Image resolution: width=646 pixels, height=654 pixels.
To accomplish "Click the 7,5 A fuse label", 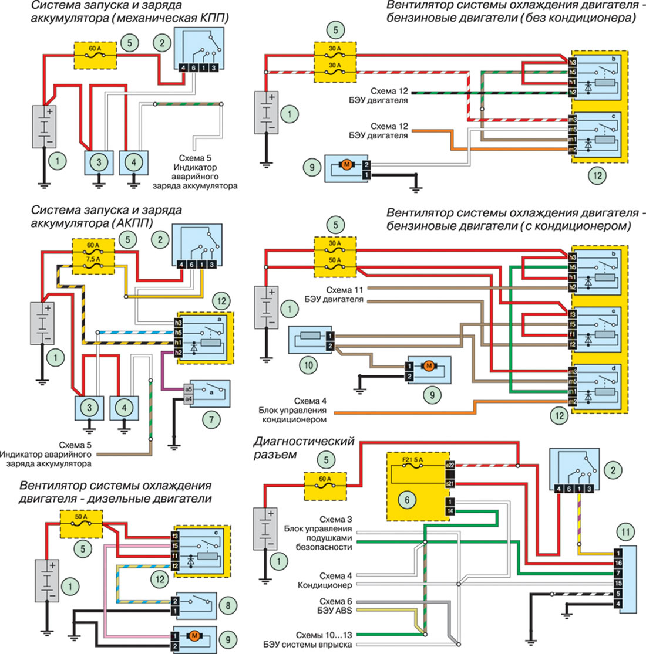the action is click(93, 259).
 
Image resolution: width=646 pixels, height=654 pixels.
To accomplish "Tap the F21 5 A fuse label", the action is click(413, 460).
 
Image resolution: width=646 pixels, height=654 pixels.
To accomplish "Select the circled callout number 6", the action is click(407, 500).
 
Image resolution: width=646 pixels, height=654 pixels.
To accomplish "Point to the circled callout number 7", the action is click(211, 419).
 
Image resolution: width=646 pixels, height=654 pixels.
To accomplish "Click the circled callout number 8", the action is click(228, 605).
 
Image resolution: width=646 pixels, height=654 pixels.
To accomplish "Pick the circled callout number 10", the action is click(308, 366).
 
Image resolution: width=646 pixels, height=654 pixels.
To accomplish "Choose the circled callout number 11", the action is click(625, 532).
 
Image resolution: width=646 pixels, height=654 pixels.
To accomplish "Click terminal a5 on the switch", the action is click(189, 389).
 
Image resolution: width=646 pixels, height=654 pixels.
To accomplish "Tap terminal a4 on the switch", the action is click(189, 399).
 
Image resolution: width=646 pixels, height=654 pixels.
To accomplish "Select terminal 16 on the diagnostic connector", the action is click(618, 563).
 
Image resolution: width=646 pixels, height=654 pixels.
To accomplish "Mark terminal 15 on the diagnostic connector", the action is click(618, 583).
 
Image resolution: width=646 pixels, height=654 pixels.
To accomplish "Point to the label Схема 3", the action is click(336, 520).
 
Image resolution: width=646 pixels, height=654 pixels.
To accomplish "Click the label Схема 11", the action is click(345, 290).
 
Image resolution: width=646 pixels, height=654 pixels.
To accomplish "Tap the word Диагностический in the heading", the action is click(304, 441).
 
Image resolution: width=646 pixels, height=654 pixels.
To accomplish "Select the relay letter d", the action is click(614, 368).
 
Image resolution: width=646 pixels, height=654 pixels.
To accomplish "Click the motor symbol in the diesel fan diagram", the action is click(194, 636).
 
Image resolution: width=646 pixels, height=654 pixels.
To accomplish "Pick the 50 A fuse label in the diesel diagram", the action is click(81, 517).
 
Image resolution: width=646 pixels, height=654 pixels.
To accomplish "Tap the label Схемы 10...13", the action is click(324, 635).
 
